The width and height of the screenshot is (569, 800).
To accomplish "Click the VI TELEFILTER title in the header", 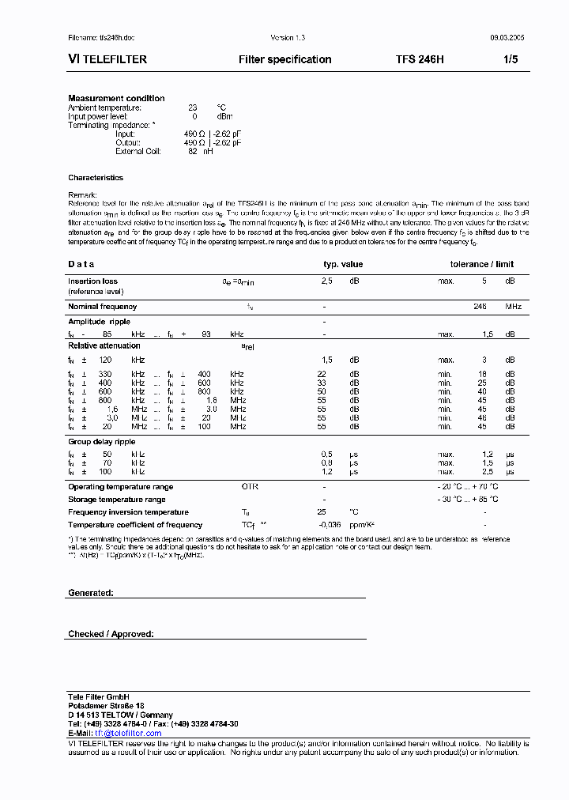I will click(x=107, y=59).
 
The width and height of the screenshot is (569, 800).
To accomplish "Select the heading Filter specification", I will click(x=284, y=59).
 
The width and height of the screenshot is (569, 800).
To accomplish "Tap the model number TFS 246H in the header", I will click(x=420, y=59).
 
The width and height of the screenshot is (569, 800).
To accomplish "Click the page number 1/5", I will click(x=510, y=59).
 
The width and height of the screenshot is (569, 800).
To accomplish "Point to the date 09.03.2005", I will click(x=507, y=38).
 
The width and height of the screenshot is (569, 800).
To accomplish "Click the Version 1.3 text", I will click(x=288, y=38).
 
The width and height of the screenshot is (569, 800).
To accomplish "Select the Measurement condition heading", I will click(x=116, y=98).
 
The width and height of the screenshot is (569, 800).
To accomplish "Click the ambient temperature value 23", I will click(x=192, y=108).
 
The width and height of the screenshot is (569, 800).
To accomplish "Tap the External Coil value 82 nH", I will click(x=200, y=151).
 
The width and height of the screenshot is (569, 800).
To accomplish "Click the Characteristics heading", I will click(x=96, y=178).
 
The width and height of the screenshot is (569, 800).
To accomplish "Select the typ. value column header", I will click(x=343, y=264).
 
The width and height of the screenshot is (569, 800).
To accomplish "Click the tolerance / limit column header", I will click(x=482, y=264).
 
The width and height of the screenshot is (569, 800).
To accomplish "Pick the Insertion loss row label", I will click(x=92, y=281).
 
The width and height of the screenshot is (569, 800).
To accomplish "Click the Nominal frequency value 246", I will click(x=480, y=306).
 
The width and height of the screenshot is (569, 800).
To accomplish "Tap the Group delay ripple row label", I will click(x=102, y=442).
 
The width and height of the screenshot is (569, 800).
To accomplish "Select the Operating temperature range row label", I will click(x=120, y=487).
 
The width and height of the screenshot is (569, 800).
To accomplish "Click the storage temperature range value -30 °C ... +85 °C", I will click(x=468, y=500).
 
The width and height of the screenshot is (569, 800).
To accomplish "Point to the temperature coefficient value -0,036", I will click(x=330, y=525).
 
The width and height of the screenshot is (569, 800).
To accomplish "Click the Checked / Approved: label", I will click(x=111, y=634).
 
